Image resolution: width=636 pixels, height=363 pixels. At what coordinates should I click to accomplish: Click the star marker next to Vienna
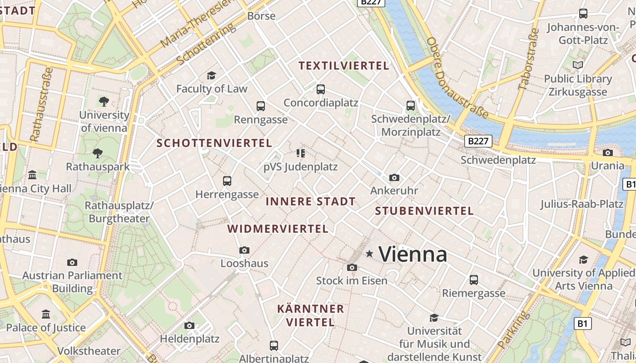click(370, 254)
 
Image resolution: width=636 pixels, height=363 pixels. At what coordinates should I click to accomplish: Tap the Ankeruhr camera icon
click(394, 177)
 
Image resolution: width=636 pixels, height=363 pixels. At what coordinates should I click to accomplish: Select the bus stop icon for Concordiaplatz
click(321, 89)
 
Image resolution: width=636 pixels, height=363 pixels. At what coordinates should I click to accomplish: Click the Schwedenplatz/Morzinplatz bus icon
click(411, 106)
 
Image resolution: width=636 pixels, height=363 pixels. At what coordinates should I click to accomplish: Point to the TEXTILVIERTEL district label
click(344, 66)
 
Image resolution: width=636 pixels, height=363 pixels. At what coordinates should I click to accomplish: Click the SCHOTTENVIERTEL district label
click(214, 143)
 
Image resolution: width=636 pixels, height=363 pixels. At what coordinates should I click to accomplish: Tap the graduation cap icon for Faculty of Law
click(211, 75)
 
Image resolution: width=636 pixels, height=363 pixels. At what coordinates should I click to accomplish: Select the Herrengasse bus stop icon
click(227, 181)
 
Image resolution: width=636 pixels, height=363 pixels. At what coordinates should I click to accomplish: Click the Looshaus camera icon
click(244, 250)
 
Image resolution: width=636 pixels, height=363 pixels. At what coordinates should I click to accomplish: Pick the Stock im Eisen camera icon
click(352, 268)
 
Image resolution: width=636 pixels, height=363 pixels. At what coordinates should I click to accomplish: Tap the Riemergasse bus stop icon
click(474, 280)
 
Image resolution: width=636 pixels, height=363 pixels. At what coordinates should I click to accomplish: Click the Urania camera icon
click(607, 152)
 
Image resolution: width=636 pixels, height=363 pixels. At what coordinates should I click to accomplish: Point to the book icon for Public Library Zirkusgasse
click(578, 65)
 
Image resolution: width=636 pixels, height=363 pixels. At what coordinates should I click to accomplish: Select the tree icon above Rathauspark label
click(97, 153)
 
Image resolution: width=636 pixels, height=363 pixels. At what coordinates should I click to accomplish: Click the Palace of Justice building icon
click(46, 314)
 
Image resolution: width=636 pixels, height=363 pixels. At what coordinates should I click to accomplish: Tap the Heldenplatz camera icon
click(189, 325)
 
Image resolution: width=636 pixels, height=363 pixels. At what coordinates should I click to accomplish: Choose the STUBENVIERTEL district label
click(424, 211)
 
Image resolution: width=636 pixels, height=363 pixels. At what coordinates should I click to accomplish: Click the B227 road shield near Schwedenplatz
click(478, 141)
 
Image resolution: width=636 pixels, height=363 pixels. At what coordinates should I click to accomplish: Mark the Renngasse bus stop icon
click(261, 106)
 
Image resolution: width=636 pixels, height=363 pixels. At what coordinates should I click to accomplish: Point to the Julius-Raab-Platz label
click(581, 204)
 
